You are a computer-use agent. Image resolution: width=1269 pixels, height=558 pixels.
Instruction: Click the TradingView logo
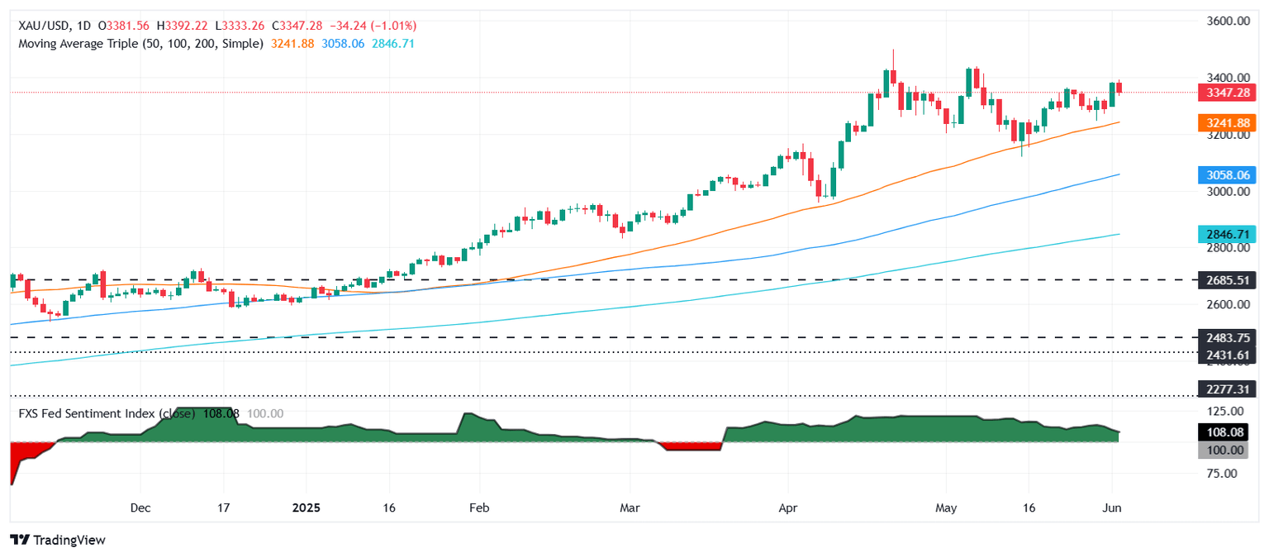[58, 540]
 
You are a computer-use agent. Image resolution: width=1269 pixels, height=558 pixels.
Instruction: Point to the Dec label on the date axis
[140, 507]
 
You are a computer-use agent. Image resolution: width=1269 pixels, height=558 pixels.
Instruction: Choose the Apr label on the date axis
[787, 507]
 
